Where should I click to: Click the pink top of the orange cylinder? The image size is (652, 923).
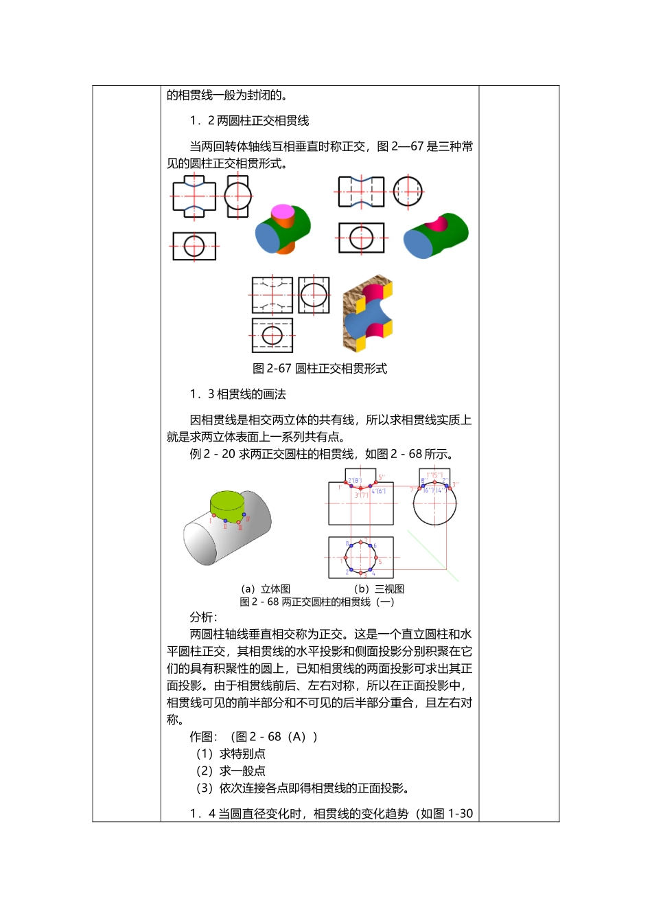(x=282, y=211)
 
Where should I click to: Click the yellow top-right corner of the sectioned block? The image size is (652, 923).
(x=386, y=292)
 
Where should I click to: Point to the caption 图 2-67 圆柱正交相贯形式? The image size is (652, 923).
(x=320, y=369)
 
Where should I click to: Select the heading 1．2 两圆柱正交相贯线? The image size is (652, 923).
(x=249, y=121)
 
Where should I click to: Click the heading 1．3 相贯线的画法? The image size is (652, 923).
(x=237, y=394)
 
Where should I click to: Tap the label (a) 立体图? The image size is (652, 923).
(x=266, y=589)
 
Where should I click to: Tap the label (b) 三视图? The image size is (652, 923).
(x=379, y=589)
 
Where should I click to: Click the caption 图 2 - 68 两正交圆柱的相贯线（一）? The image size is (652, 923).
(x=317, y=602)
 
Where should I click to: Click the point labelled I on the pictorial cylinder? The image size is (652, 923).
(x=214, y=516)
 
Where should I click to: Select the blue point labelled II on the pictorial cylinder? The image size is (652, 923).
(x=225, y=521)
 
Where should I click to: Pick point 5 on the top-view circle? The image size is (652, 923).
(x=376, y=558)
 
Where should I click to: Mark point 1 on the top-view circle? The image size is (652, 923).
(x=345, y=558)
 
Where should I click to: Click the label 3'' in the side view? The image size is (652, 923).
(x=454, y=485)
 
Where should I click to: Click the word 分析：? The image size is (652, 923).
(x=203, y=617)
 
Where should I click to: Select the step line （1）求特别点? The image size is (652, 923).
(x=231, y=754)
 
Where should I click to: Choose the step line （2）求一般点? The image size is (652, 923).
(x=231, y=771)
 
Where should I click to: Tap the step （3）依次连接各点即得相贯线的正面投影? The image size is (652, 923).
(x=303, y=788)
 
